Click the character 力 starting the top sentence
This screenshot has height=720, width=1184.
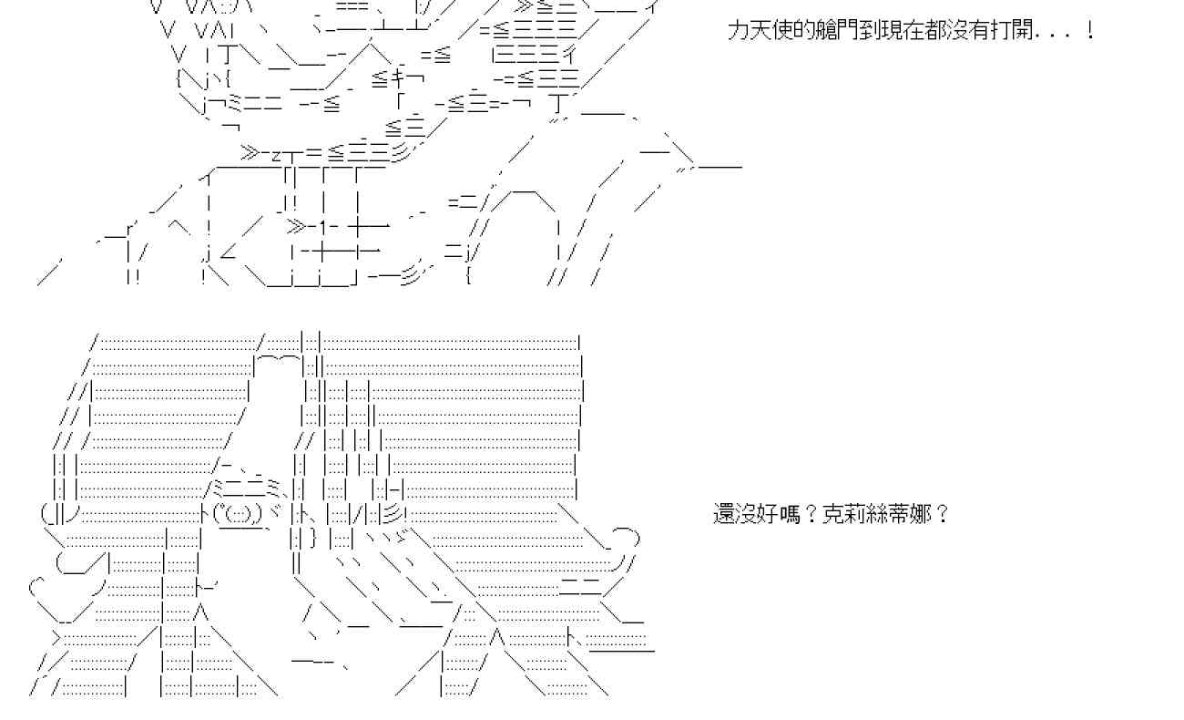point(738,31)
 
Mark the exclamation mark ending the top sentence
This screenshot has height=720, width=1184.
point(1090,31)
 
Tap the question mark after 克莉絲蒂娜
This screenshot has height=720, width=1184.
point(942,514)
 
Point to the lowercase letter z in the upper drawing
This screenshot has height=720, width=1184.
point(276,153)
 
